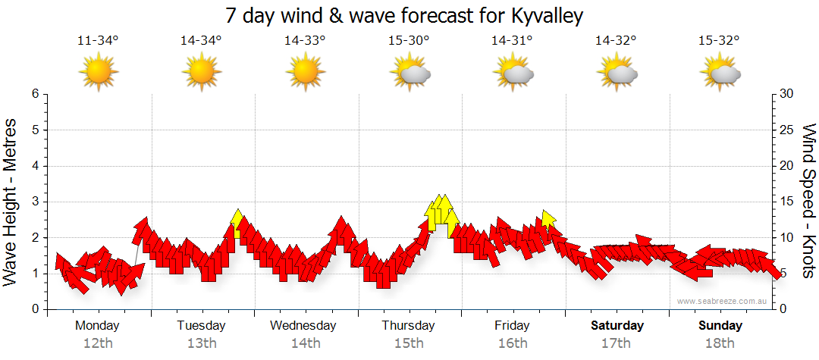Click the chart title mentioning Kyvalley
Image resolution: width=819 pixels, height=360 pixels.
tap(409, 15)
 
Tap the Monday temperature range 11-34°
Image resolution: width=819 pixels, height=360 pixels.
tap(98, 41)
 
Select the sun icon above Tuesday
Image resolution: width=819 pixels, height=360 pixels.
tap(202, 73)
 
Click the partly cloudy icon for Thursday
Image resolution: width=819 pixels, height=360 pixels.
tap(409, 73)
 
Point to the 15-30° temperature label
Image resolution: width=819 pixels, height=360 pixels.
tap(409, 41)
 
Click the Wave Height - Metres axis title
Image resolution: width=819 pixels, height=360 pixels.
tap(11, 202)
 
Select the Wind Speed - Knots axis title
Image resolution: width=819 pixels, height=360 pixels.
tap(808, 202)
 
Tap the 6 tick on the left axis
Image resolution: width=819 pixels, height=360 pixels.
tap(35, 94)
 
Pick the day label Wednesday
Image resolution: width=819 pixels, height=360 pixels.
tap(303, 326)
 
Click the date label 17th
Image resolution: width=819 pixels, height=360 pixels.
tap(616, 343)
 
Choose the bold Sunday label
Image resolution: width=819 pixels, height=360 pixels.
tap(720, 326)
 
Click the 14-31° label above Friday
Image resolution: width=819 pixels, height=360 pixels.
tap(513, 41)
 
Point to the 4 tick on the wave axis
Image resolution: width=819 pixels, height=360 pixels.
tap(35, 166)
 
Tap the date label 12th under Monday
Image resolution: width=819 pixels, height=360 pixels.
tap(98, 343)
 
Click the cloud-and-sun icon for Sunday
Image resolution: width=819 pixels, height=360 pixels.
tap(720, 73)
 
